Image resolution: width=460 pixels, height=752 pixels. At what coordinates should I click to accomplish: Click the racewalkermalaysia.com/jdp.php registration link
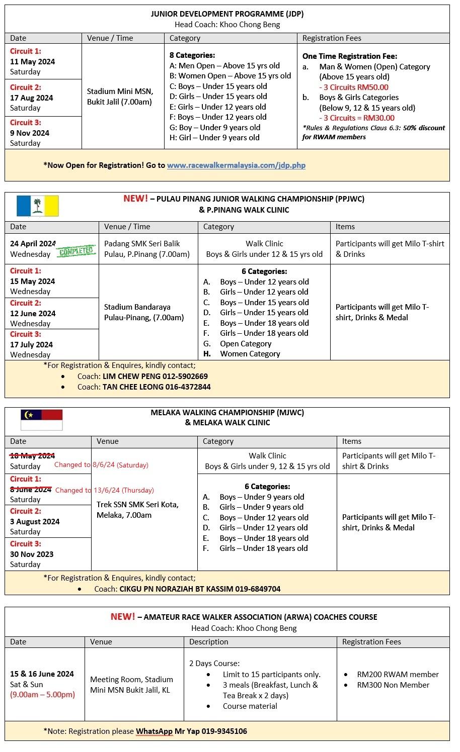(x=236, y=165)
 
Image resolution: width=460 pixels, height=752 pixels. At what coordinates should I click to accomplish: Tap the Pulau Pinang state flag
(x=38, y=206)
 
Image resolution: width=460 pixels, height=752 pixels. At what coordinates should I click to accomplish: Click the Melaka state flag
(x=42, y=420)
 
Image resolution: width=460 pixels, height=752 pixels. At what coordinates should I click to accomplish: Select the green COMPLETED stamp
(x=76, y=251)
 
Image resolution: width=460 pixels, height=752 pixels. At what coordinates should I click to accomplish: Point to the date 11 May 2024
(x=33, y=62)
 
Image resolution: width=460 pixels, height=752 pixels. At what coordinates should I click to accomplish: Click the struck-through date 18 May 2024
(x=33, y=455)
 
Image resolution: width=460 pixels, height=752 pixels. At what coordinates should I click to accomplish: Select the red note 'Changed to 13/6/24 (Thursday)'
(x=105, y=490)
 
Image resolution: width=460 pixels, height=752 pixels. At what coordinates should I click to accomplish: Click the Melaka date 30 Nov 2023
(x=32, y=554)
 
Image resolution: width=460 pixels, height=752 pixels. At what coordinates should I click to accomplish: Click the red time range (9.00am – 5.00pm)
(x=43, y=695)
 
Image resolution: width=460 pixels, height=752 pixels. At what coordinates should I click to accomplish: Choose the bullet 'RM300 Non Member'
(x=393, y=685)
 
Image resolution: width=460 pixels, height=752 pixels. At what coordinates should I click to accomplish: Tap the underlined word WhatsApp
(x=154, y=731)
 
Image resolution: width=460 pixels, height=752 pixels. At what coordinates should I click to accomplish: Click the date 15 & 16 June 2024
(x=42, y=674)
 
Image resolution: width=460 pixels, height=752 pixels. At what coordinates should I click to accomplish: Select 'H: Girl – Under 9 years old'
(x=214, y=138)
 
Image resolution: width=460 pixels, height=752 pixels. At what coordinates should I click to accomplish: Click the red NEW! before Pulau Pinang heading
(x=135, y=199)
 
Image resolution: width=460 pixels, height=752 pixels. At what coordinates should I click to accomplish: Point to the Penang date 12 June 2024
(x=33, y=313)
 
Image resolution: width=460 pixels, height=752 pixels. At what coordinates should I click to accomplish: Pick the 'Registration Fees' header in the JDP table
(x=332, y=38)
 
